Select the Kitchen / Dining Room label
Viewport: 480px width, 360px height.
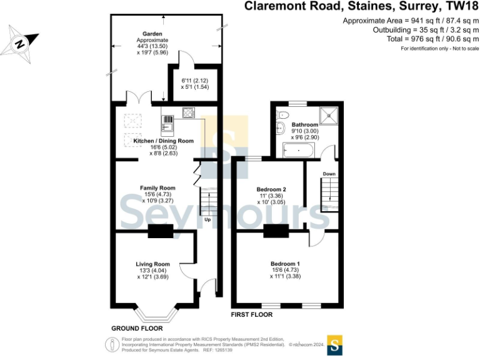(x=164, y=141)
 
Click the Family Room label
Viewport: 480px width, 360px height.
(x=157, y=188)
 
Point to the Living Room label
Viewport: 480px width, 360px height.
(x=153, y=264)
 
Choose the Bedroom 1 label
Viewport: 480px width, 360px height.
(x=285, y=264)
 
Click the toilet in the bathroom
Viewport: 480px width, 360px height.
(x=282, y=114)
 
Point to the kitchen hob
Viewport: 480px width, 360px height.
(x=188, y=113)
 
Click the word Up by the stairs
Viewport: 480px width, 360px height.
(x=207, y=219)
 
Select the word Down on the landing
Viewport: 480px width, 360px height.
(x=329, y=174)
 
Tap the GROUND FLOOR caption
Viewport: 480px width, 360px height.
(x=137, y=328)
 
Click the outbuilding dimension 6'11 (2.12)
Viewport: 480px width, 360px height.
(x=194, y=81)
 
